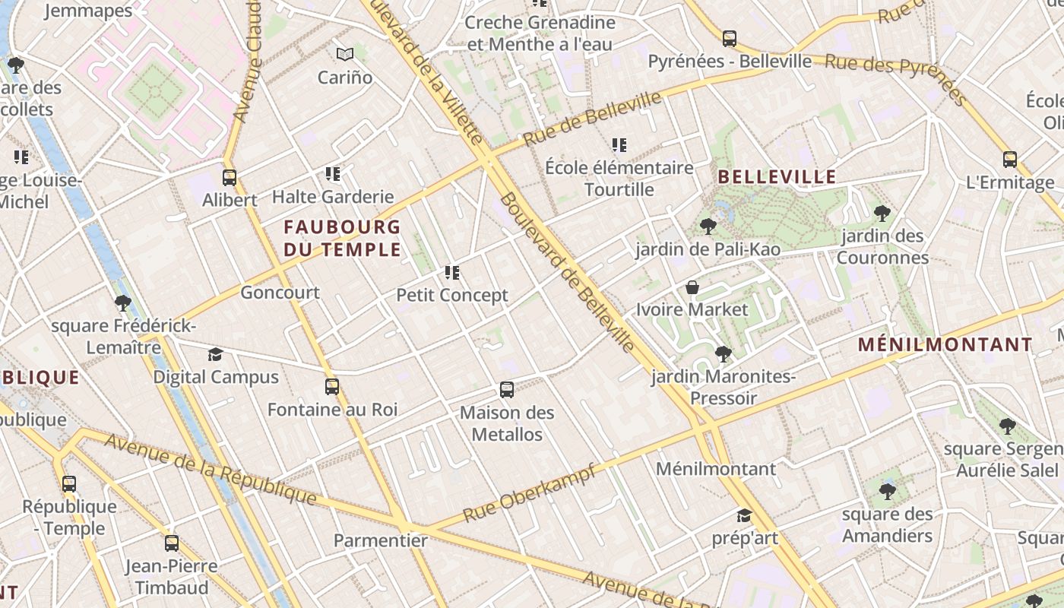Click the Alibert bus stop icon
tap(229, 178)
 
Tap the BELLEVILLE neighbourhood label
tap(777, 177)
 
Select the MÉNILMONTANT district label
tap(945, 344)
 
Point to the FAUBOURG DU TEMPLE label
tap(342, 237)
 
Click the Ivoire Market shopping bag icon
tap(692, 287)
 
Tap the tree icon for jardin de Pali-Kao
tap(708, 226)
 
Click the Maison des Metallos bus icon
tap(507, 390)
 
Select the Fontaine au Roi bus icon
tap(332, 386)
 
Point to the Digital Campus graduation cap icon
tap(216, 354)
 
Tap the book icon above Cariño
tap(345, 54)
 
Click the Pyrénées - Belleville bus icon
tap(730, 38)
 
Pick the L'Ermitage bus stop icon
tap(1010, 160)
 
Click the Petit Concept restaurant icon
tap(452, 272)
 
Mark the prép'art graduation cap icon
tap(744, 515)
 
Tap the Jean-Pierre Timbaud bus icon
tap(172, 543)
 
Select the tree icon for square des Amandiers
tap(887, 492)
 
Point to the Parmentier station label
tap(381, 540)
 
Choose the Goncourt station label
tap(280, 293)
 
